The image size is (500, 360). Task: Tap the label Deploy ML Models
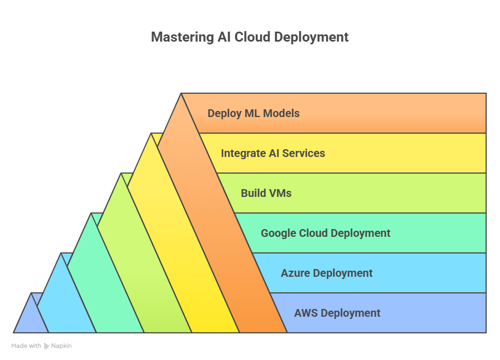click(253, 113)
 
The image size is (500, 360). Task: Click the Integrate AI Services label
click(272, 153)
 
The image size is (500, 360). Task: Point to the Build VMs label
click(266, 193)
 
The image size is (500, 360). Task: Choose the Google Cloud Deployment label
click(325, 233)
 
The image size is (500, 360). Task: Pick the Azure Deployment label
click(326, 273)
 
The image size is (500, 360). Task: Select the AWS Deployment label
click(337, 313)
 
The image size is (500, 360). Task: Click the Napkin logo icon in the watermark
click(47, 346)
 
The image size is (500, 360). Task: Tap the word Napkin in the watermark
click(62, 346)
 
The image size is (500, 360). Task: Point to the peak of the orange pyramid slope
click(181, 95)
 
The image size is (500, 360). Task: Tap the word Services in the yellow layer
click(303, 153)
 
